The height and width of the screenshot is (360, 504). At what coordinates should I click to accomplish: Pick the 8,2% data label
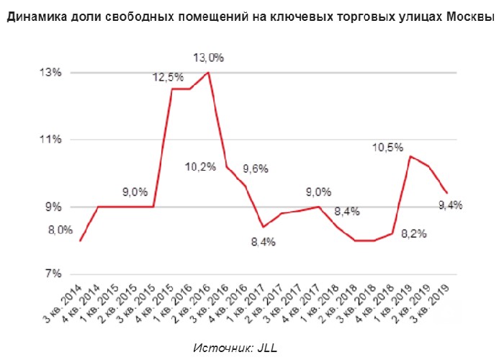coord(414,233)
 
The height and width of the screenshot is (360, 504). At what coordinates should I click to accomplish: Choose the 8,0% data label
coord(60,230)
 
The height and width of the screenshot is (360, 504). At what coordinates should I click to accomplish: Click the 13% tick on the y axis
coord(50,73)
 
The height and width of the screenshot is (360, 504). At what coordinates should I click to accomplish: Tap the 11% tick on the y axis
coord(50,140)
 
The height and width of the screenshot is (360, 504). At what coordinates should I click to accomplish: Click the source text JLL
coord(266,348)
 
